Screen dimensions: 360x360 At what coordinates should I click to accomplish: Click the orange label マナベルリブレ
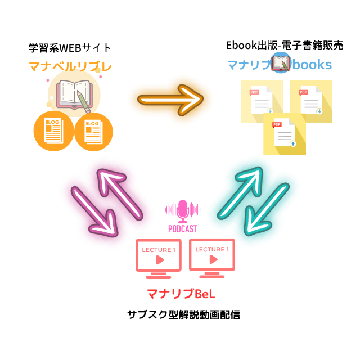(70, 66)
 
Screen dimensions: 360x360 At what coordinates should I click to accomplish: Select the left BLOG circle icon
(53, 132)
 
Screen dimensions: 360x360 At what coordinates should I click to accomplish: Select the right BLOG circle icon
(93, 132)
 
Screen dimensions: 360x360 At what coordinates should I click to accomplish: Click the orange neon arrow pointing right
(171, 100)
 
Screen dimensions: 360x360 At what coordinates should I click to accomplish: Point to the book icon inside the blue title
(281, 63)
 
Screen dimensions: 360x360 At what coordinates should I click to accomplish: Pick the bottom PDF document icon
(285, 134)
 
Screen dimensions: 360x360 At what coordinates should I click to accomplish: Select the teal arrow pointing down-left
(265, 209)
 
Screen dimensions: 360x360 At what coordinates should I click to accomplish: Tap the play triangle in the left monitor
(160, 260)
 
